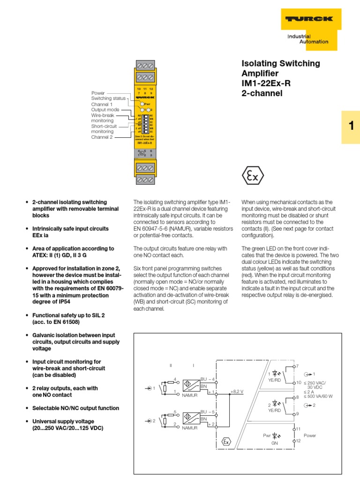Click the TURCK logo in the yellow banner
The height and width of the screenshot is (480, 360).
point(307,19)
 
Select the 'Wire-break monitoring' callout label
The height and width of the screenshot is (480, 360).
point(103,118)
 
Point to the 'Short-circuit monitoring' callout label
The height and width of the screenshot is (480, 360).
point(104,129)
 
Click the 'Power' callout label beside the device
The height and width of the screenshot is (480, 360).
point(98,93)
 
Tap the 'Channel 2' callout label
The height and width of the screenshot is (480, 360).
point(102,137)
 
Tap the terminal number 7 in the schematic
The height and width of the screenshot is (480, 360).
point(297,365)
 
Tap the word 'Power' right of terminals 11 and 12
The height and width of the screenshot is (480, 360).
point(310,435)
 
